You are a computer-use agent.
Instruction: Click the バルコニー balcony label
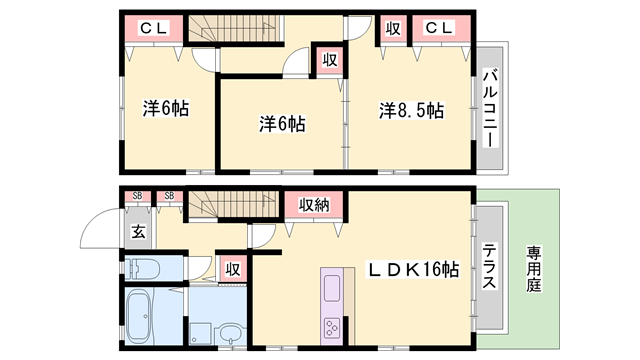(491, 105)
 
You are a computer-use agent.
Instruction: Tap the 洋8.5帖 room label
(411, 110)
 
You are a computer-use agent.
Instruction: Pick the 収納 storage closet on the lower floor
(315, 205)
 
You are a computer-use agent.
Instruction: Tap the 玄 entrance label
(138, 232)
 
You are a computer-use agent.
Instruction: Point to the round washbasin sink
(230, 334)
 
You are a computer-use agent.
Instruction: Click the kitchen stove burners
(332, 327)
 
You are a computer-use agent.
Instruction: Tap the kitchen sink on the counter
(332, 290)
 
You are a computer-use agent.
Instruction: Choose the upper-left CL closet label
(153, 29)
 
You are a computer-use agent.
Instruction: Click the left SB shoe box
(136, 196)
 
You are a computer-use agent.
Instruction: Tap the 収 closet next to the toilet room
(232, 268)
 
